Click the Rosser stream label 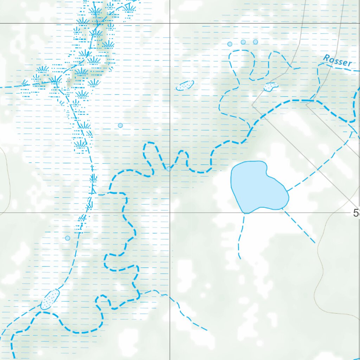337,61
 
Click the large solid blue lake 258,186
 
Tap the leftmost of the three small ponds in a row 230,44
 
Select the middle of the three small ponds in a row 243,42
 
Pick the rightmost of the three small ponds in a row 255,42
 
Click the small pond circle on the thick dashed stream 169,169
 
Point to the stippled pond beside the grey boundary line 271,86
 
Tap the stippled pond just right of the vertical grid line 185,85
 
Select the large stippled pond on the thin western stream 50,299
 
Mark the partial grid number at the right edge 356,213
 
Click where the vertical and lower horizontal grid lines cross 170,213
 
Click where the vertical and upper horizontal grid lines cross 170,23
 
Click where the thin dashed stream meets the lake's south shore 244,213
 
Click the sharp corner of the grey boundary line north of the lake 252,105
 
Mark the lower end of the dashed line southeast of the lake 315,243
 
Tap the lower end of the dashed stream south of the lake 240,258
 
